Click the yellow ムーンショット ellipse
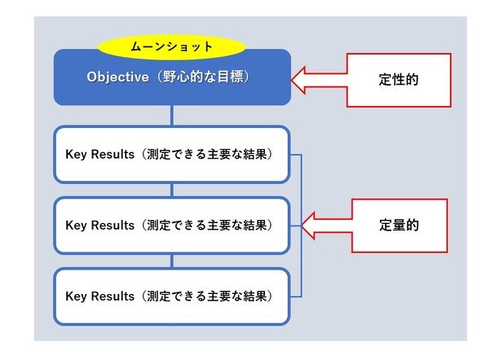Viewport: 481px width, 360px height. pos(171,47)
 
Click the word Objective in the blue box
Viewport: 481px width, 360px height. pos(117,77)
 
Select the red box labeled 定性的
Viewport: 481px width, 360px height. pos(399,80)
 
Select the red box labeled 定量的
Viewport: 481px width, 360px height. pos(399,226)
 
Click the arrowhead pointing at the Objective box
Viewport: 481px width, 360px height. pos(298,80)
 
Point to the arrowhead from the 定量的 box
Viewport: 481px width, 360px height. pos(307,226)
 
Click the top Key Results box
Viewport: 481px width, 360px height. pos(172,155)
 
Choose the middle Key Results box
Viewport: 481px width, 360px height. pos(172,226)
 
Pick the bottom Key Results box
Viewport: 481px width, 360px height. pos(172,296)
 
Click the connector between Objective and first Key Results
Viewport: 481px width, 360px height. pos(172,116)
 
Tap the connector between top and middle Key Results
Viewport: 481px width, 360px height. pos(172,190)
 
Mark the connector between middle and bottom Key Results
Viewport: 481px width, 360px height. pos(172,261)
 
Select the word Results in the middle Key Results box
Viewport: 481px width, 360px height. pos(113,225)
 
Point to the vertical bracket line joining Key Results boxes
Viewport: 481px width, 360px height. pos(302,226)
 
